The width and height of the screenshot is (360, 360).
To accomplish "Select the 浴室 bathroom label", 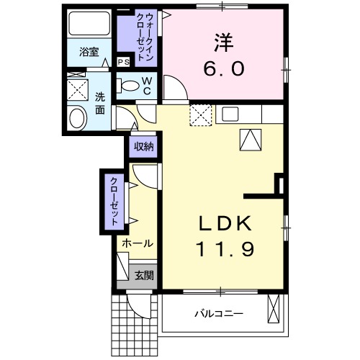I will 89,52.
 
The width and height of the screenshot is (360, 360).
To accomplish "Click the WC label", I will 146,86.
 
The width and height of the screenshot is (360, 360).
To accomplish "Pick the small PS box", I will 124,62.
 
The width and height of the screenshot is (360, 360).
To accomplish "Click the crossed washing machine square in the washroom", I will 77,89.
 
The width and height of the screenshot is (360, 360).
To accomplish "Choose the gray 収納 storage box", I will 144,147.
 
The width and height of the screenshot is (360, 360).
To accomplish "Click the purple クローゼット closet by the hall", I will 114,201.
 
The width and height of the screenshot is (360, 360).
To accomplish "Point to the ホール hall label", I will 136,243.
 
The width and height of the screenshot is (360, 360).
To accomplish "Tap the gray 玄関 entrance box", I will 144,274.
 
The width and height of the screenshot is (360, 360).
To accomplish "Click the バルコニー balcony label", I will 218,314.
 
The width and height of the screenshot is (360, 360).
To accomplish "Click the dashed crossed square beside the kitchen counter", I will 199,114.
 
